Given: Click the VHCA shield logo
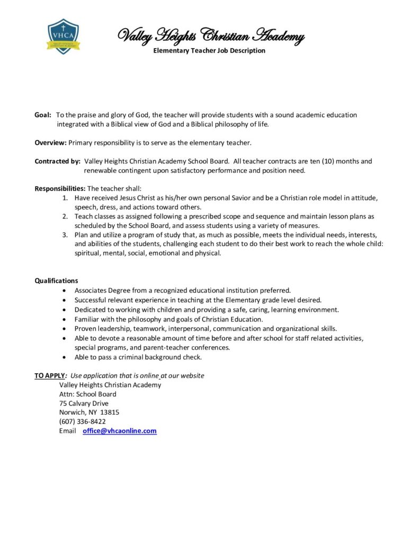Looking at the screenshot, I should pyautogui.click(x=63, y=36).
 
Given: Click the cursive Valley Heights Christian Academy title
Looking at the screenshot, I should pyautogui.click(x=210, y=36).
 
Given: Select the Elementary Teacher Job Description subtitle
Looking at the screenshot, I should pyautogui.click(x=209, y=51).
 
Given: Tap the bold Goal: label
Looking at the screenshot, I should pyautogui.click(x=43, y=115).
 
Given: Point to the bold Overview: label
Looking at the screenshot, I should pyautogui.click(x=50, y=143).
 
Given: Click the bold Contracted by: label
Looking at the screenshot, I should pyautogui.click(x=57, y=161).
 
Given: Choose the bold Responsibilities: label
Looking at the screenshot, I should pyautogui.click(x=60, y=189).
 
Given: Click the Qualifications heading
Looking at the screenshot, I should pyautogui.click(x=56, y=281).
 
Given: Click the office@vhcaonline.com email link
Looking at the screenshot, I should pyautogui.click(x=120, y=431).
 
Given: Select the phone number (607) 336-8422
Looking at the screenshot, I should pyautogui.click(x=82, y=422).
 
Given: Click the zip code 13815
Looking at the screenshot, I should pyautogui.click(x=110, y=413).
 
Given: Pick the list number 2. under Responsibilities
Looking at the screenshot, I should pyautogui.click(x=65, y=216).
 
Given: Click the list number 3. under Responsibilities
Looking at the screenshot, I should pyautogui.click(x=65, y=234).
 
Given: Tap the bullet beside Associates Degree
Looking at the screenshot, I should pyautogui.click(x=65, y=291).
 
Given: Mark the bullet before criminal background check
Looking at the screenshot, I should pyautogui.click(x=65, y=357).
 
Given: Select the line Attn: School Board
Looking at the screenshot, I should pyautogui.click(x=88, y=394).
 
